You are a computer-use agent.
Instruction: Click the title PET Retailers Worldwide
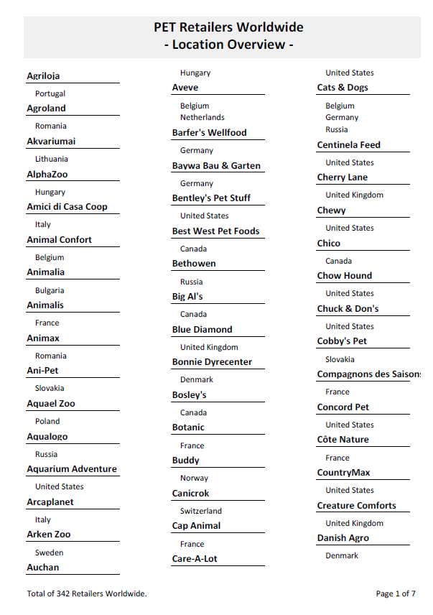pos(228,28)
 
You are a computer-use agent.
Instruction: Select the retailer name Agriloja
pos(43,75)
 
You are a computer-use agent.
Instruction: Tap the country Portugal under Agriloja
pos(50,93)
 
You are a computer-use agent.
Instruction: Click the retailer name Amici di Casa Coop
pos(67,207)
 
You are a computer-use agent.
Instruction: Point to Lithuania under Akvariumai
pos(52,159)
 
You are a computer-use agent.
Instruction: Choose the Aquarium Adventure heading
pos(72,469)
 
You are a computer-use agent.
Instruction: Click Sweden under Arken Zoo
pos(49,552)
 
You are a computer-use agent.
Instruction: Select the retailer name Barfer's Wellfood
pos(209,133)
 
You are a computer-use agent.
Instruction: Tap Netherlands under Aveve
pos(202,117)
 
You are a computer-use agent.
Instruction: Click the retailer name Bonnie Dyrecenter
pos(212,362)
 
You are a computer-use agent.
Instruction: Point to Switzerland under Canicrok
pos(201,511)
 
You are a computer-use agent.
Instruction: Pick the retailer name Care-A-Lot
pos(195,558)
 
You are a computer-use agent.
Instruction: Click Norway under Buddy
pos(194,478)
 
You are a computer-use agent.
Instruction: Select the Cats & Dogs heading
pos(343,88)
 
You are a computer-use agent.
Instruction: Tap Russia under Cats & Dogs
pos(336,129)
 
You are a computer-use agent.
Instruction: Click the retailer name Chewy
pos(331,211)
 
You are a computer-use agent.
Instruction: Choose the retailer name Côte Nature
pos(343,440)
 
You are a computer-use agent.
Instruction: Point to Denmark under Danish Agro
pos(342,555)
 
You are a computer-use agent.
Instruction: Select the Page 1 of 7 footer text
pos(396,593)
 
